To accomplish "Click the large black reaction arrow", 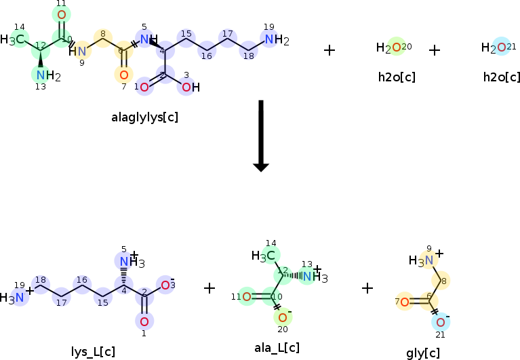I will (x=261, y=136).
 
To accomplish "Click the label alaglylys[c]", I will (x=145, y=117).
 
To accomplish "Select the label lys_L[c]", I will (x=93, y=351).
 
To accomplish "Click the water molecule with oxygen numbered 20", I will (x=393, y=47).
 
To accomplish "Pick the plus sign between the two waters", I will (x=435, y=50).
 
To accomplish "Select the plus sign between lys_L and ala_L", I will (x=209, y=288).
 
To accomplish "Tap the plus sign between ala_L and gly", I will (x=367, y=288).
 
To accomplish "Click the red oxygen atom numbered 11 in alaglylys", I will (x=62, y=15).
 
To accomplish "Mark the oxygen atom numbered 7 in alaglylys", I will (x=123, y=75).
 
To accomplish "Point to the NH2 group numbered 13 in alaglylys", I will (x=46, y=75).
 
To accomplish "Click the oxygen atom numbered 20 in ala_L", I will (x=283, y=317).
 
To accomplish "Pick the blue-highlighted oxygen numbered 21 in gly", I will (x=441, y=322).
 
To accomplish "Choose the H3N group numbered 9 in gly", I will (x=422, y=260).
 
